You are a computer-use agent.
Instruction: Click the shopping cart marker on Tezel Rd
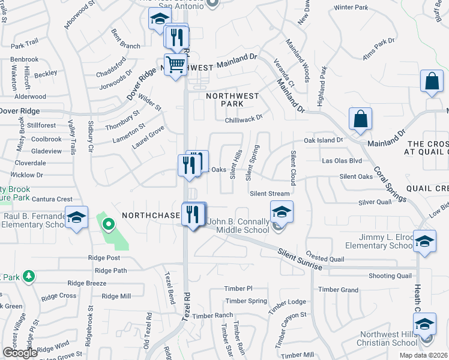point(175,64)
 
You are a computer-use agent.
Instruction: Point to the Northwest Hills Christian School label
point(388,338)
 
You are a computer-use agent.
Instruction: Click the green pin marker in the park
point(108,225)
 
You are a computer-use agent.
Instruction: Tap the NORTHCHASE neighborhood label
point(151,215)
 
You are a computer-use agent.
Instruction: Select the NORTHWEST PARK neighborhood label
point(232,100)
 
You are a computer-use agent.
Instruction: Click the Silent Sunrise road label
point(300,260)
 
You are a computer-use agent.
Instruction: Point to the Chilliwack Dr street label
point(244,119)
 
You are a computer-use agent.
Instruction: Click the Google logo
point(20,353)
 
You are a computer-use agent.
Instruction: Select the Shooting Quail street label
point(390,275)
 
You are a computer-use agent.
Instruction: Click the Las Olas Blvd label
point(342,161)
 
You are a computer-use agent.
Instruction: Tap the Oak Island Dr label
point(323,140)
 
